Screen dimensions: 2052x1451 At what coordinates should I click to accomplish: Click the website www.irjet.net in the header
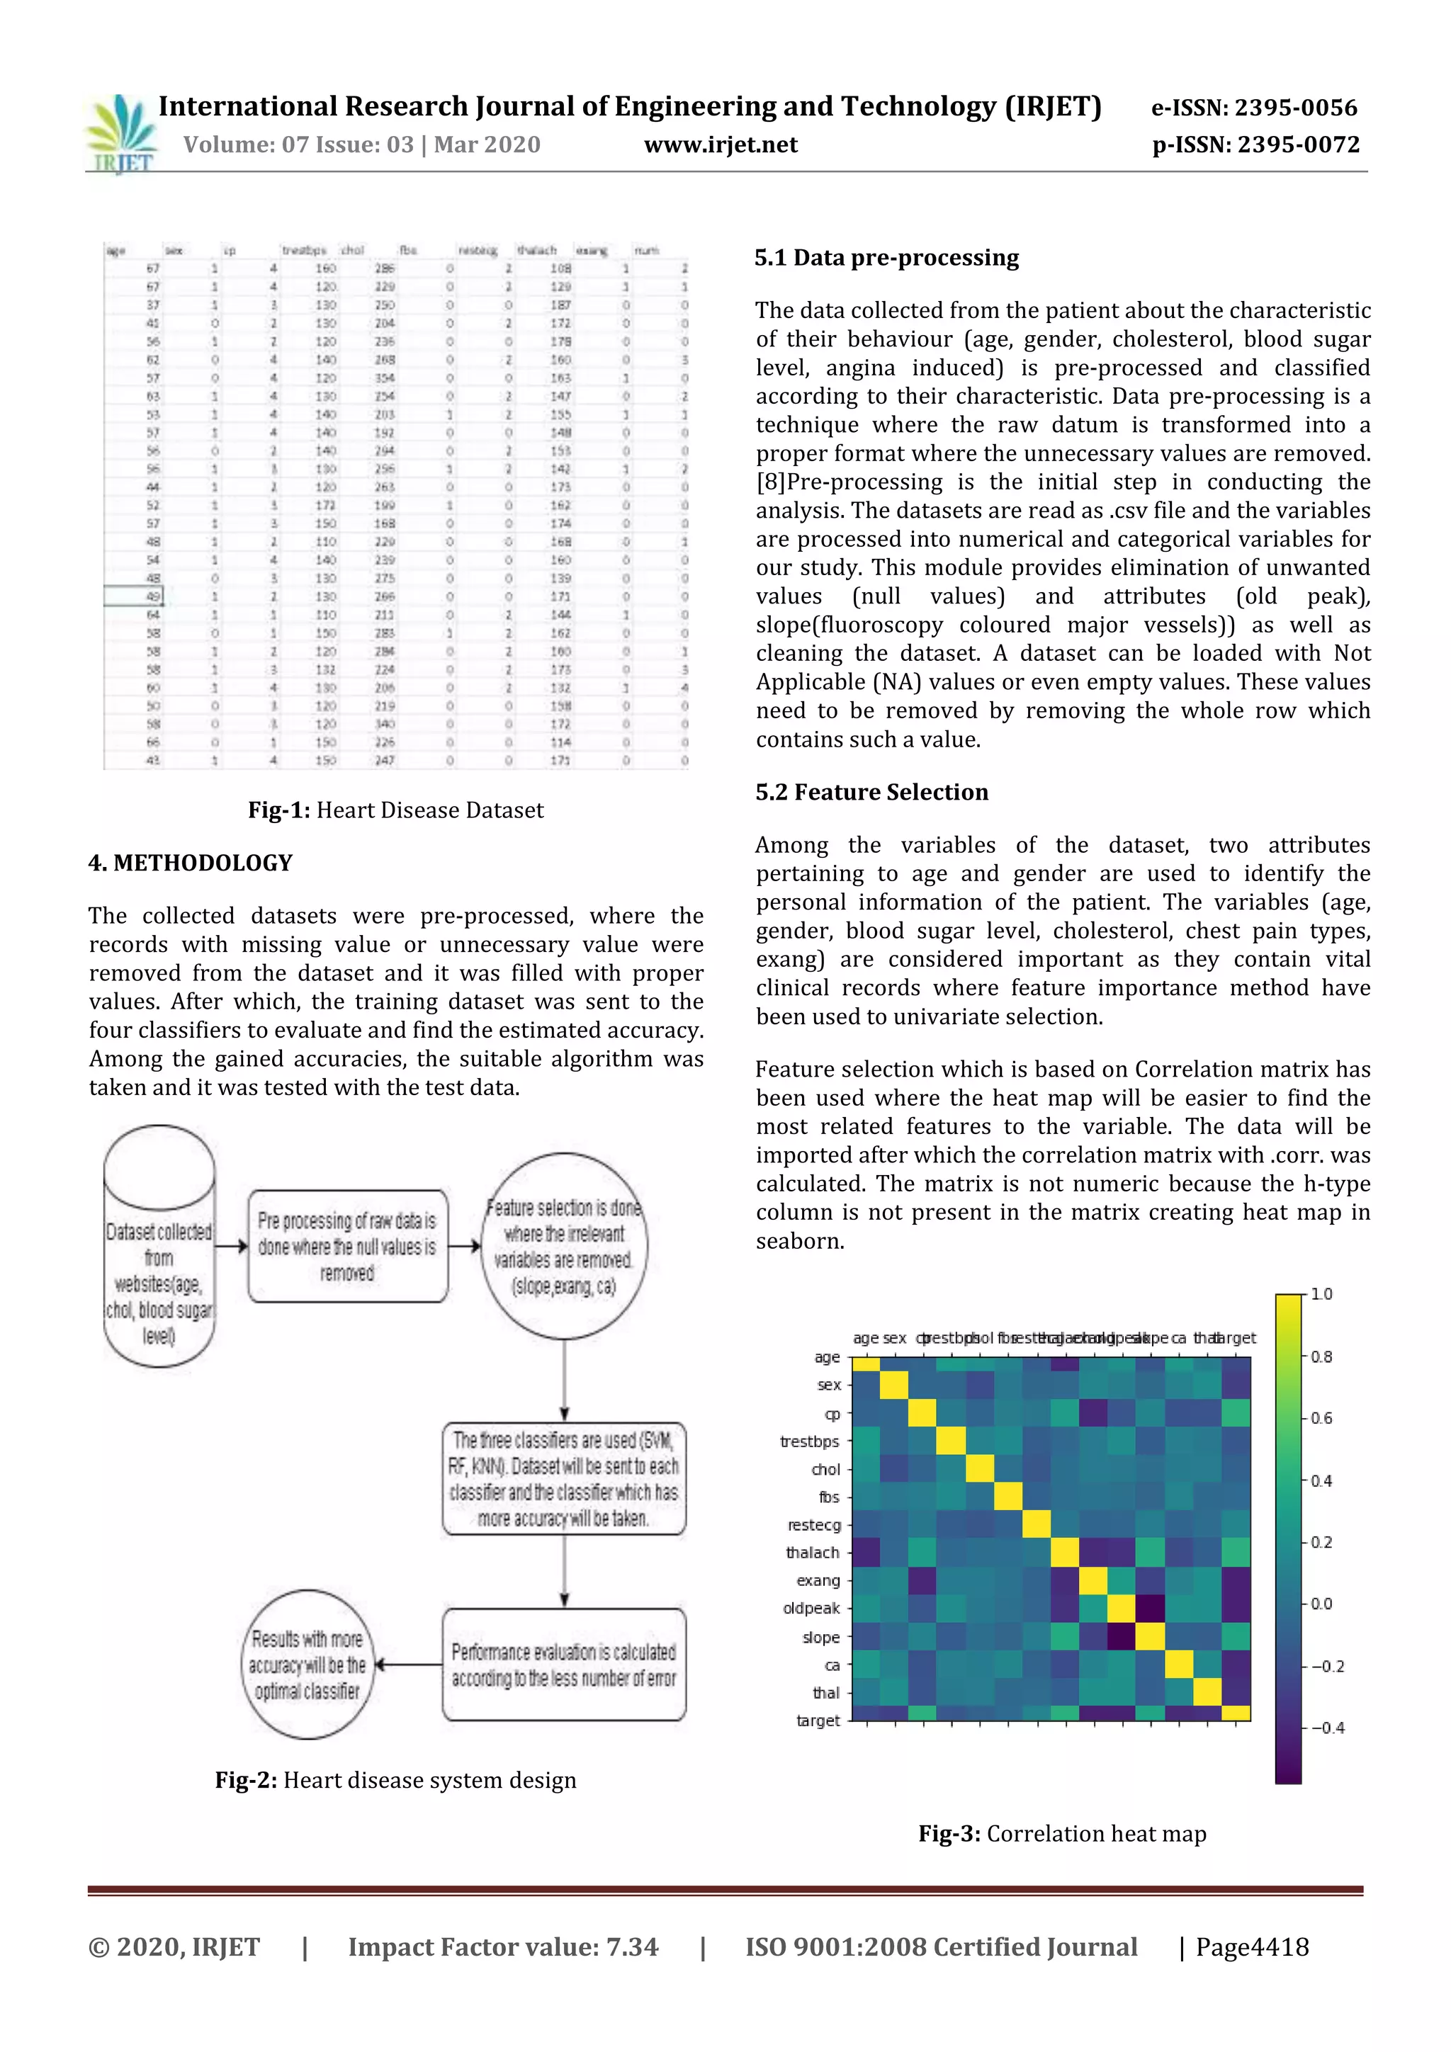721,144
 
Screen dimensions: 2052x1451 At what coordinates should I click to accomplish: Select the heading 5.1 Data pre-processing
886,259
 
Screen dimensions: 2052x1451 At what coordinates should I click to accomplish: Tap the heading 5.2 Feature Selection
871,793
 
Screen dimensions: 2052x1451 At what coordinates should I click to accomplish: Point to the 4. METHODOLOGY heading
191,863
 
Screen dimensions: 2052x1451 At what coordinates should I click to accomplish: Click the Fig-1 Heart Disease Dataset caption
395,810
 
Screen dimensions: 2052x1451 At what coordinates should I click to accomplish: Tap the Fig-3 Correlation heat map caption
1062,1834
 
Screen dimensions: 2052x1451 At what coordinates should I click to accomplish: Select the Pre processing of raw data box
348,1246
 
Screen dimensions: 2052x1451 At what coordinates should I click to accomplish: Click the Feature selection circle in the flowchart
564,1246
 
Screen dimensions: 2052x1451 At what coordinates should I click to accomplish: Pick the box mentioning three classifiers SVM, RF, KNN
564,1479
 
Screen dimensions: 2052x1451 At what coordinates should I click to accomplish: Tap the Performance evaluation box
564,1665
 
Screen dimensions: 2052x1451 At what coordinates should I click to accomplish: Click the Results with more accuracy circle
307,1665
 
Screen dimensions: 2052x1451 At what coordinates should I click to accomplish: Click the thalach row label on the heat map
813,1553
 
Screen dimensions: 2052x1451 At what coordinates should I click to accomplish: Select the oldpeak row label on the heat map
811,1609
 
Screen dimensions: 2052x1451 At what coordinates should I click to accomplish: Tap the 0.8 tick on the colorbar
1321,1356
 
